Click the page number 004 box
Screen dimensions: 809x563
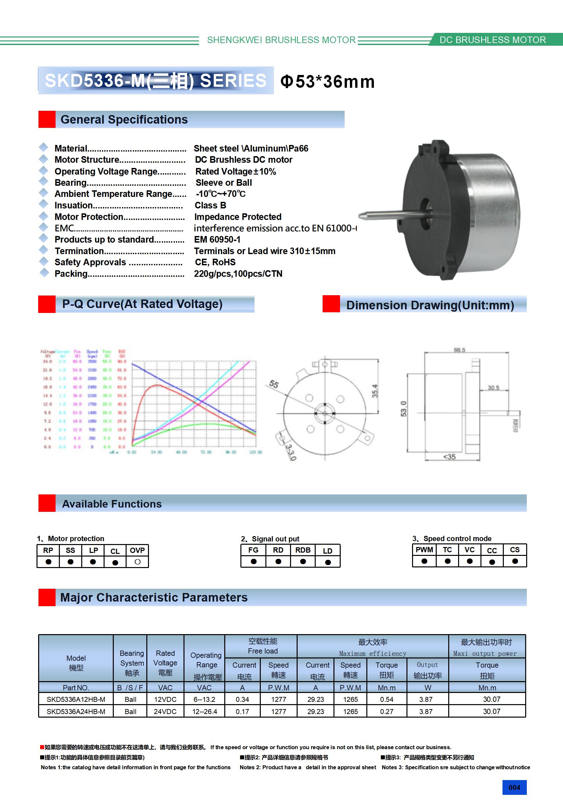(514, 787)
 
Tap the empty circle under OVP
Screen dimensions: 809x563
(137, 562)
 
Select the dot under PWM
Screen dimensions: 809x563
(424, 561)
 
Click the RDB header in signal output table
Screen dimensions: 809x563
(303, 550)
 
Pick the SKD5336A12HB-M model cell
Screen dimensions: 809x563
(76, 700)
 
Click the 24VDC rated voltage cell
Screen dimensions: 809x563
(165, 711)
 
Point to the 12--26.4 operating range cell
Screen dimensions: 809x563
(205, 711)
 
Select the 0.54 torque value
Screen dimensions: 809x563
(386, 700)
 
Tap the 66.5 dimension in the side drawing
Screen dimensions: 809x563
(459, 350)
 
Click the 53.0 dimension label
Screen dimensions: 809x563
(403, 408)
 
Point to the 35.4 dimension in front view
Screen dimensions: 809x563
(375, 391)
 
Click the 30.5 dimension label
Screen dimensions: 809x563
(493, 388)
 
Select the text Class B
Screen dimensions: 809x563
(210, 205)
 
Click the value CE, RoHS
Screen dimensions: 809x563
(215, 262)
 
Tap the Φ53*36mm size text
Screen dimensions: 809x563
(327, 82)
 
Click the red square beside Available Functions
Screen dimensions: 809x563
(47, 503)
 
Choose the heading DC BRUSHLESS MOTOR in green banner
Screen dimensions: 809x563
(493, 40)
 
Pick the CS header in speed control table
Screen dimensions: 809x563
(515, 550)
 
